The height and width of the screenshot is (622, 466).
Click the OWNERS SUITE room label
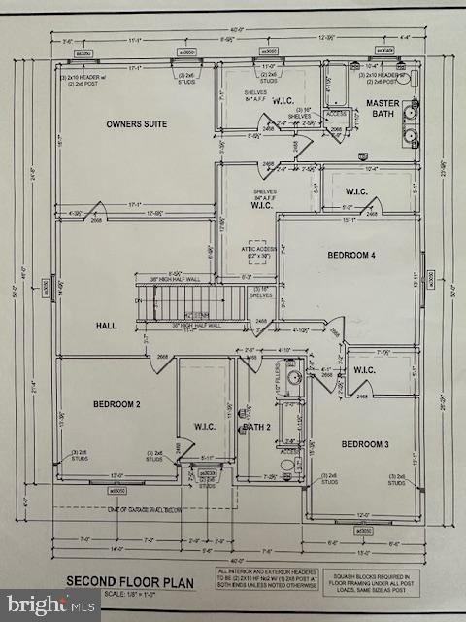coord(136,124)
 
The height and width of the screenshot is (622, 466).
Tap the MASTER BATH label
coord(384,107)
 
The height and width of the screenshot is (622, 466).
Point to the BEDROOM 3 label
coord(365,443)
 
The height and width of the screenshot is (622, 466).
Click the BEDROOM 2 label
coord(117,403)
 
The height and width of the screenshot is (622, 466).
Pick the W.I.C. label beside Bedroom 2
coord(205,426)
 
